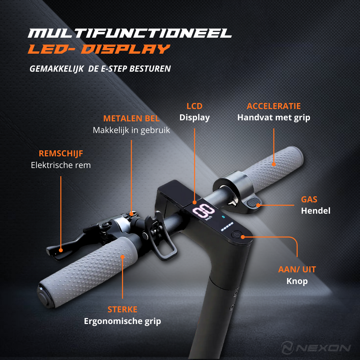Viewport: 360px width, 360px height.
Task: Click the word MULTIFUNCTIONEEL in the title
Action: tap(130, 33)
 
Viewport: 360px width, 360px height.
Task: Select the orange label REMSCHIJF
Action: tap(61, 153)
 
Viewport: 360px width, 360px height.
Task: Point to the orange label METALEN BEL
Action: tap(131, 118)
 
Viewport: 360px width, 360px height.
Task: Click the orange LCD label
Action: tap(194, 106)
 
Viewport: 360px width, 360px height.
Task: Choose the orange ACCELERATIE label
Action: tap(274, 106)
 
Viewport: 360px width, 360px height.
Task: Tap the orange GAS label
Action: tap(309, 199)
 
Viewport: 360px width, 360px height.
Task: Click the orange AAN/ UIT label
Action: tap(297, 269)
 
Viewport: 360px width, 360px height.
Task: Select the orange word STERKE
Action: tap(122, 309)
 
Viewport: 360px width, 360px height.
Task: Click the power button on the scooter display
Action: tap(236, 235)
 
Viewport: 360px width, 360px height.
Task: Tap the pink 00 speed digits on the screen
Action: tap(203, 210)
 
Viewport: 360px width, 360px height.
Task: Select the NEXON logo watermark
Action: tap(316, 348)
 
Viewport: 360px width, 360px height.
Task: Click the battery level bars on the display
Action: tap(227, 227)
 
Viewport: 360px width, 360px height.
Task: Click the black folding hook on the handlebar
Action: tap(161, 236)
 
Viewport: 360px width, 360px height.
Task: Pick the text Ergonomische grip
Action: tap(122, 321)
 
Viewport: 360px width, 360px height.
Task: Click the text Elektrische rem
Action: tap(61, 165)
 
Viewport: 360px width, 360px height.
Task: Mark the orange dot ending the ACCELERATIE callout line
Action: tap(274, 164)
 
